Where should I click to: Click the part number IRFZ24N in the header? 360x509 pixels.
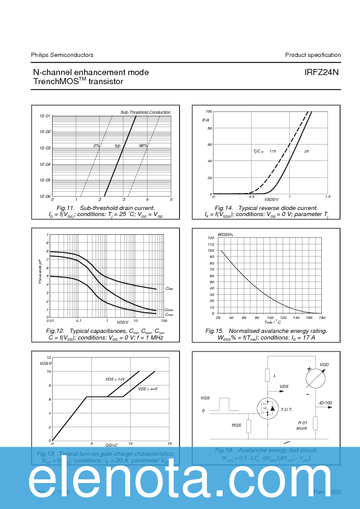[x=321, y=73]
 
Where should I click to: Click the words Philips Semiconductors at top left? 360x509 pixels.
[x=62, y=55]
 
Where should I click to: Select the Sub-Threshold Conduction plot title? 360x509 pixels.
[x=145, y=113]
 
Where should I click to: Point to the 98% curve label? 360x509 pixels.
[x=143, y=146]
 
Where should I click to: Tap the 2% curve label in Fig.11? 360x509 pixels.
[x=97, y=146]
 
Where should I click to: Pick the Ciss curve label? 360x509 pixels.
[x=169, y=289]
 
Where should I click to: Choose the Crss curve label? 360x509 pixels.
[x=169, y=315]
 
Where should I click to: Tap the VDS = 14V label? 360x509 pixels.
[x=115, y=379]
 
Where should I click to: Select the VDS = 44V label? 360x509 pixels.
[x=148, y=389]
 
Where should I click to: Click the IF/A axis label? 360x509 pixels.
[x=206, y=120]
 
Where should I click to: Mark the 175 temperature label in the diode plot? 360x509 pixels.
[x=273, y=151]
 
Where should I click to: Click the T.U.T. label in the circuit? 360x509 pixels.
[x=286, y=409]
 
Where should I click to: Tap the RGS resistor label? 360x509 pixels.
[x=237, y=425]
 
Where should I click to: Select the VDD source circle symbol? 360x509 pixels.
[x=315, y=377]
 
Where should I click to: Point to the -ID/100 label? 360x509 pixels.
[x=326, y=403]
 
